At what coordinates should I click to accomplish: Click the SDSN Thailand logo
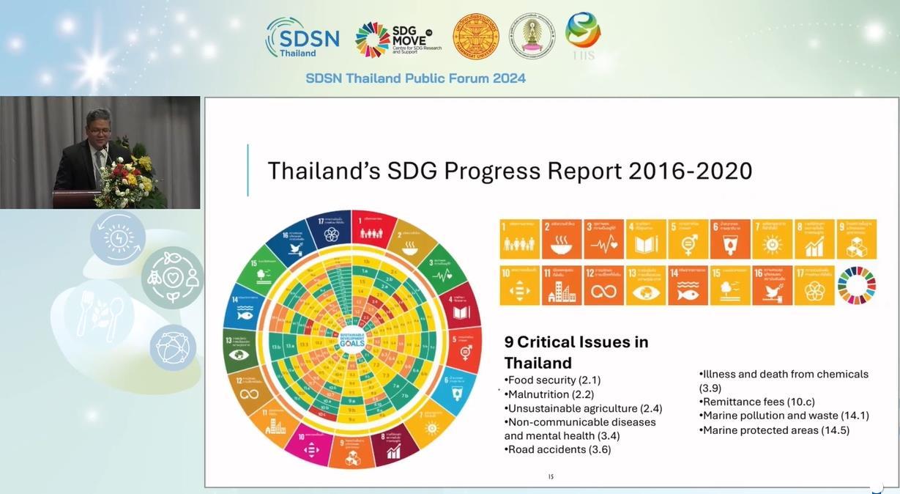pos(302,37)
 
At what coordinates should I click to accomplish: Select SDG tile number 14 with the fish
pos(688,285)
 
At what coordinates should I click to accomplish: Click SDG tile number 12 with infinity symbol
pos(603,285)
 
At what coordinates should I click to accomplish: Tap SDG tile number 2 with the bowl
pos(562,239)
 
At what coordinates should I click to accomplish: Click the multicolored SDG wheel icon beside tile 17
pos(856,285)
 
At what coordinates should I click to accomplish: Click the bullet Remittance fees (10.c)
pos(759,402)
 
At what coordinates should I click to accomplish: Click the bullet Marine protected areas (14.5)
pos(776,430)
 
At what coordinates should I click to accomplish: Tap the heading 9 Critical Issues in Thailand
pos(576,352)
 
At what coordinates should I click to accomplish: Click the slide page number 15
pos(551,477)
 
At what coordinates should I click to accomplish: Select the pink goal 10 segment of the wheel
pos(311,447)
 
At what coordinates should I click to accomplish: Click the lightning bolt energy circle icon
pos(118,237)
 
